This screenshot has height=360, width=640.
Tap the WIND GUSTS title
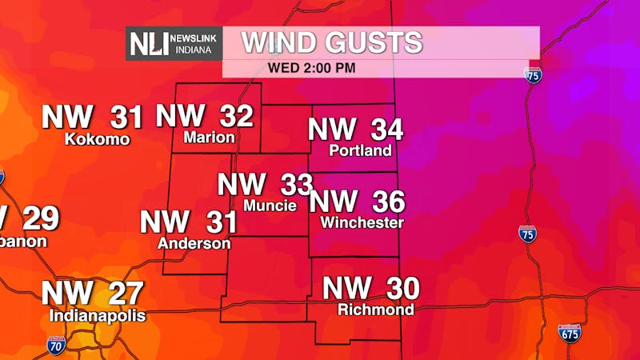click(x=332, y=42)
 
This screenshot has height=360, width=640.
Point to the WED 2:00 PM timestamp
click(x=312, y=67)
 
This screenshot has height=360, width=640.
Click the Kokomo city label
click(x=97, y=139)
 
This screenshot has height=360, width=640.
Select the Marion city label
click(x=209, y=138)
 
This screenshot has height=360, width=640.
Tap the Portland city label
click(x=361, y=150)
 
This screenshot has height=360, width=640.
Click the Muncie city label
click(x=270, y=206)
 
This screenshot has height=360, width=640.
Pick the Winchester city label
click(x=362, y=223)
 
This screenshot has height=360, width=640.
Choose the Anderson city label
click(x=194, y=243)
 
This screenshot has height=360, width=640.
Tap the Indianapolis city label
click(x=98, y=316)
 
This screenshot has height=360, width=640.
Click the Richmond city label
click(x=376, y=310)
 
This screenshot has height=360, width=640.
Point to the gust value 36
click(x=387, y=202)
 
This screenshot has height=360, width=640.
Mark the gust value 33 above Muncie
click(x=296, y=185)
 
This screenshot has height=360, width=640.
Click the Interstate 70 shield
click(x=56, y=345)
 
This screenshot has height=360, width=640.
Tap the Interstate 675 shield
click(x=570, y=334)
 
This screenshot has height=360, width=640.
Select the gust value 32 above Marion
click(x=236, y=116)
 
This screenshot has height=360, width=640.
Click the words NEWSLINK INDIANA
click(x=194, y=43)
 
